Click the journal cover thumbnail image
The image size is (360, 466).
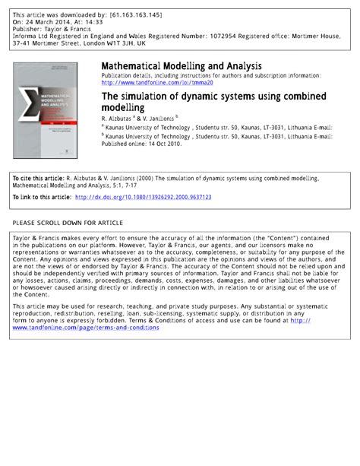click(53, 109)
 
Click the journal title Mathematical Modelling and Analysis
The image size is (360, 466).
click(182, 67)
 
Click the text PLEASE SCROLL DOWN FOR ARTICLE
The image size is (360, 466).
click(68, 223)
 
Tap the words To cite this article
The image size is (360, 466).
click(38, 178)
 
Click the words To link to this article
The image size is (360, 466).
click(42, 197)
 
